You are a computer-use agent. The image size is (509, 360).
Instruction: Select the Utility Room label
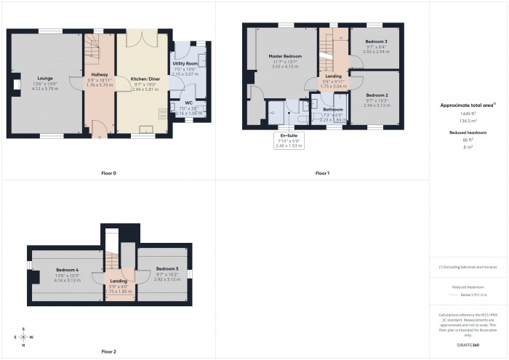[185, 64]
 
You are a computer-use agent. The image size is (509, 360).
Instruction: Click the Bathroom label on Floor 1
[332, 110]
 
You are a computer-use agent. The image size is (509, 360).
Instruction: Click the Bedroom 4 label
[67, 269]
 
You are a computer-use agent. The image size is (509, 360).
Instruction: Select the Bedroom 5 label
[167, 268]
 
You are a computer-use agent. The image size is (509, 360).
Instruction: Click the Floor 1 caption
[322, 173]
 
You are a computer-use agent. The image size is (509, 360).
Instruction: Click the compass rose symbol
[24, 337]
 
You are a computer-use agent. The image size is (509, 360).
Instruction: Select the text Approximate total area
[468, 105]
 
